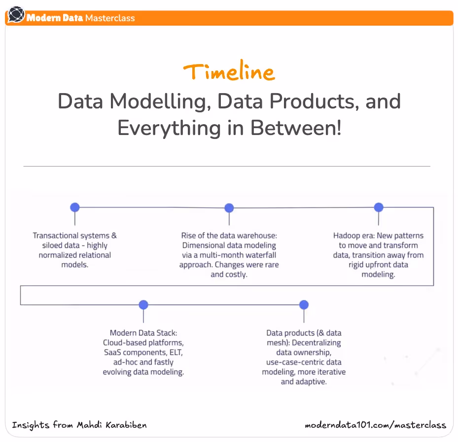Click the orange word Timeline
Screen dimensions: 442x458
click(x=229, y=72)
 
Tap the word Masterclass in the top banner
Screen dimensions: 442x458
click(x=110, y=18)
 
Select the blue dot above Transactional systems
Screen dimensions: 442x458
click(x=75, y=207)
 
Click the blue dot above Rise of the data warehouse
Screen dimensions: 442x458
click(x=229, y=207)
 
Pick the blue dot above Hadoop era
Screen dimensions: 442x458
click(x=379, y=207)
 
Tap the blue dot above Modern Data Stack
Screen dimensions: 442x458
click(x=143, y=305)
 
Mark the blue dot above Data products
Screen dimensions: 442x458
click(x=304, y=305)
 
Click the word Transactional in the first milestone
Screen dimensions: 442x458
click(x=55, y=236)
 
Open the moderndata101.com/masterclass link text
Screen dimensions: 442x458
click(x=375, y=425)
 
